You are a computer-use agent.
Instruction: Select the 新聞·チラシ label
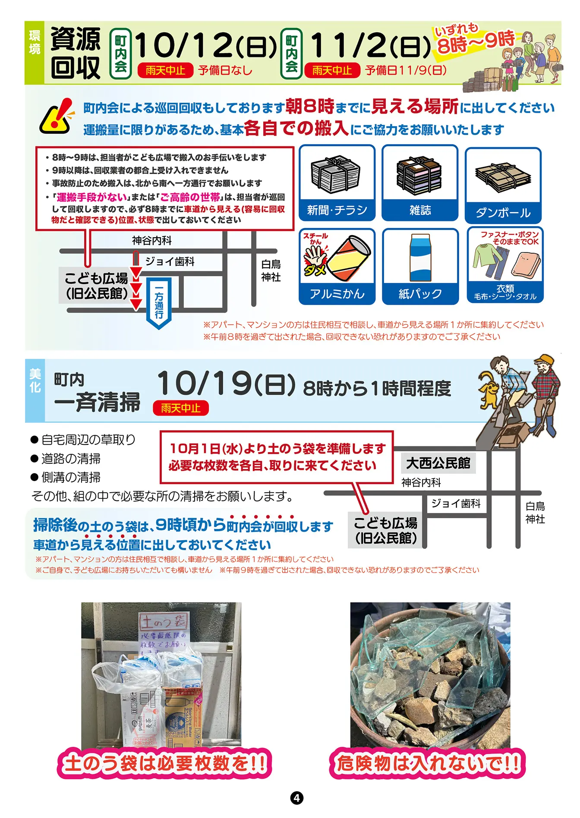(x=337, y=211)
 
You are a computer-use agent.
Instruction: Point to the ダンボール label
(x=503, y=213)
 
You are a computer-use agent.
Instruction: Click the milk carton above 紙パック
(x=420, y=258)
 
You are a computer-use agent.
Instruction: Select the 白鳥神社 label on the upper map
(x=271, y=271)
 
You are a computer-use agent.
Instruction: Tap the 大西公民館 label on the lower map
(x=438, y=463)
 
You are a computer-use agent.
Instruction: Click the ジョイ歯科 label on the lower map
(x=456, y=503)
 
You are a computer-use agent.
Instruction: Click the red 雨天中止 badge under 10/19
(x=181, y=408)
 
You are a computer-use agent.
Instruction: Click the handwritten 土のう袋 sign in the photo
(x=164, y=622)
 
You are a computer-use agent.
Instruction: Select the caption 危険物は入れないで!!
(x=427, y=763)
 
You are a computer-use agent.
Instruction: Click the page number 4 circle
(x=296, y=798)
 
